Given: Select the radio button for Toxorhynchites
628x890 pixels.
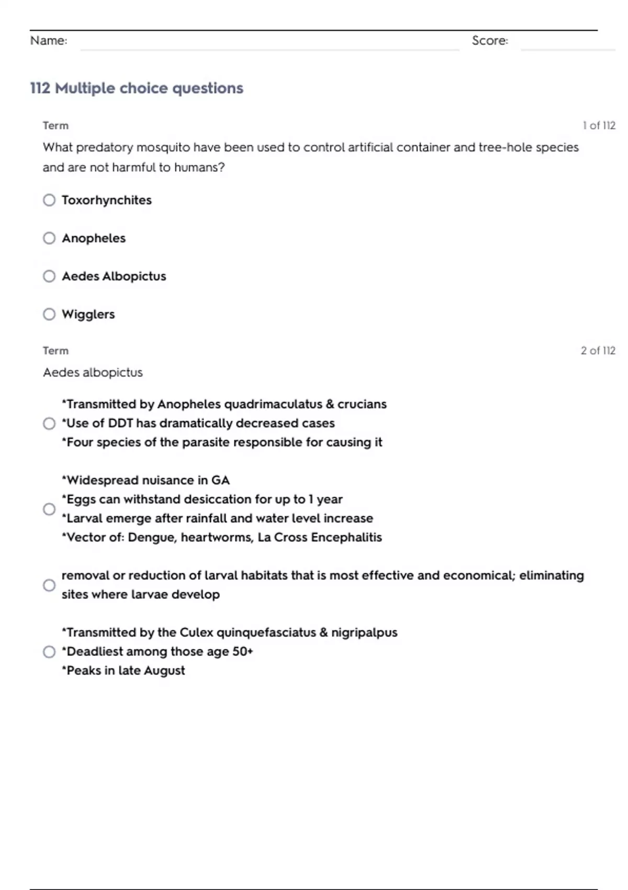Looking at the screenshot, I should [x=49, y=200].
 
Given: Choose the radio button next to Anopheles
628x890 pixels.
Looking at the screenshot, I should [x=49, y=238].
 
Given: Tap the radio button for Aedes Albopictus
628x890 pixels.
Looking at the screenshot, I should [x=49, y=276].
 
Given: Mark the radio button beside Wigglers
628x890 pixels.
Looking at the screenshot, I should [x=49, y=314].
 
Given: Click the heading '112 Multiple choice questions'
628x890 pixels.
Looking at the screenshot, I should [x=137, y=88].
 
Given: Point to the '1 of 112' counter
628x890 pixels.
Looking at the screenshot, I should [x=599, y=126].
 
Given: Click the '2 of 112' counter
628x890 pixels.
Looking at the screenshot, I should [x=598, y=351].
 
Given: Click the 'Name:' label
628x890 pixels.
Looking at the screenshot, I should [x=49, y=41].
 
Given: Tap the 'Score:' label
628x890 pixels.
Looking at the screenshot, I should [x=490, y=41].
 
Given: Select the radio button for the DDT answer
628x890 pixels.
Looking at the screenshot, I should [x=49, y=424].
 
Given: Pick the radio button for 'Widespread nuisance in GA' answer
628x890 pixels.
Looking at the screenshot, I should [x=49, y=509].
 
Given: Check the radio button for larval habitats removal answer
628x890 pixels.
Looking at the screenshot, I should [x=49, y=585].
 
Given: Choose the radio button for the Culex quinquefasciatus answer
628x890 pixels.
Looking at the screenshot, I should [x=49, y=652].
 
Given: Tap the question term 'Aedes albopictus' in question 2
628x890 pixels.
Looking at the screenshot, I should [x=93, y=372].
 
